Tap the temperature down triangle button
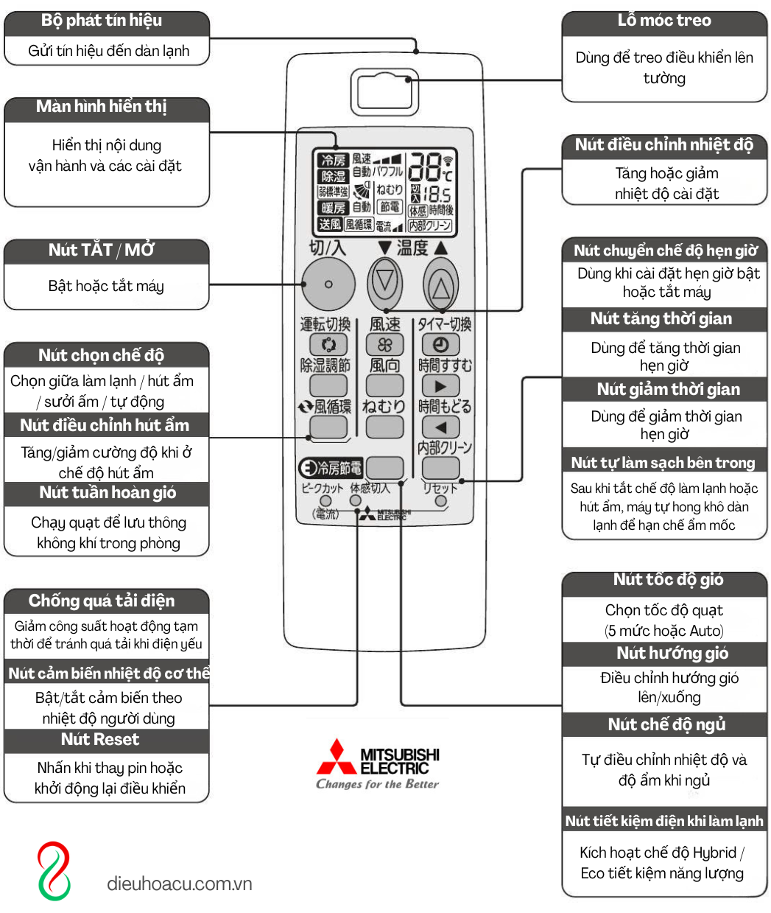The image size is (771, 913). tap(385, 282)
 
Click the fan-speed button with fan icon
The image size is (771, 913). tap(385, 344)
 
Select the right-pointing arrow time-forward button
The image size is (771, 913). tap(440, 385)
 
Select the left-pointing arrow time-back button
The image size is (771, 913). tap(440, 427)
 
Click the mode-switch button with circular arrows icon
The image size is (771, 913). tap(328, 344)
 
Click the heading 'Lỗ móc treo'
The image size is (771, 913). tap(664, 21)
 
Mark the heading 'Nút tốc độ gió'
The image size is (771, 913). tap(668, 580)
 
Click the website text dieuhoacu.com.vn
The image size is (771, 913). tap(180, 884)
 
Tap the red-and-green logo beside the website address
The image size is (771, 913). tap(54, 871)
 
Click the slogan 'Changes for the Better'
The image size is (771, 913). tap(377, 784)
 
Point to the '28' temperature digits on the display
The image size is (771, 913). tap(425, 167)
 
